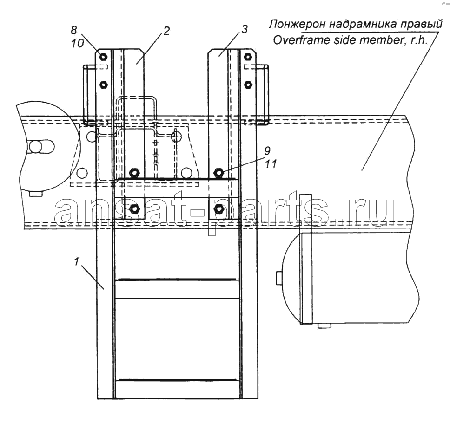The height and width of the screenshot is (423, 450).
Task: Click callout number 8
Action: (x=74, y=30)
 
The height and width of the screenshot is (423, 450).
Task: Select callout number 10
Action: (x=78, y=43)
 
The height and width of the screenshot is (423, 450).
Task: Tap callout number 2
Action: (x=167, y=31)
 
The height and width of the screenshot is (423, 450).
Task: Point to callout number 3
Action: (x=245, y=29)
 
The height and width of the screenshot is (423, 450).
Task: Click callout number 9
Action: (x=267, y=150)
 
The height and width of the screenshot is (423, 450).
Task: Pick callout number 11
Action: (x=270, y=164)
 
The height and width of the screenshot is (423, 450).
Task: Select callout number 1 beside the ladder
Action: (x=76, y=262)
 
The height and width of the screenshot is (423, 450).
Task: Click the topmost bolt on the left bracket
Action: (x=104, y=57)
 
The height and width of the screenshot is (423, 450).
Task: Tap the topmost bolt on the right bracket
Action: (x=247, y=57)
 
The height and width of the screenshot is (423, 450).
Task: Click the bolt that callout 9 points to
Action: (x=219, y=173)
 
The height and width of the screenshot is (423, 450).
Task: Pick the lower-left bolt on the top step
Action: (x=135, y=209)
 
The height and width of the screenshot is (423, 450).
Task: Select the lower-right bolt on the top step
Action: (x=219, y=209)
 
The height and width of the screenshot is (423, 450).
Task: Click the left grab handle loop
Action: (x=86, y=95)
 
